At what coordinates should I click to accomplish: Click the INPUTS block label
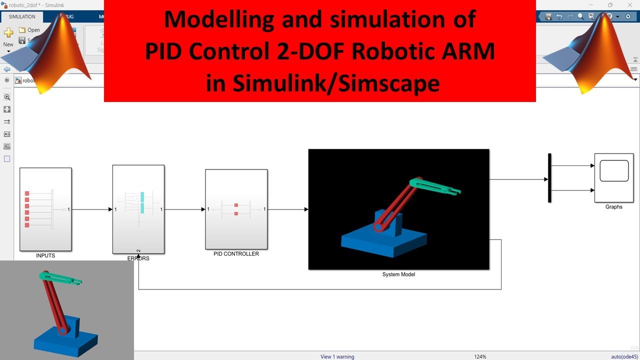(45, 255)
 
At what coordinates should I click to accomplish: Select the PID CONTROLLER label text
(236, 254)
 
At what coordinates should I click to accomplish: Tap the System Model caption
(398, 274)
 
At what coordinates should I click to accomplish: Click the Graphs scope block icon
(614, 177)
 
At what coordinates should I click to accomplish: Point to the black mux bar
(549, 178)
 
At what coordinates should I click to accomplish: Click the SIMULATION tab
(22, 16)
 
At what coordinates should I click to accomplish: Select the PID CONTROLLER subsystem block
(236, 209)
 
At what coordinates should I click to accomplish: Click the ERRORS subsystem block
(138, 209)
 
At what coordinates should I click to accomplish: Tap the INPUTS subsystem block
(45, 209)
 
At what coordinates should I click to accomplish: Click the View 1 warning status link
(337, 356)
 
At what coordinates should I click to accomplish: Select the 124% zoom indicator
(480, 356)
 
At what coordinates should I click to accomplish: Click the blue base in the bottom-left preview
(65, 342)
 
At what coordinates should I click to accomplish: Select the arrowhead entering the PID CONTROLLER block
(202, 209)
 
